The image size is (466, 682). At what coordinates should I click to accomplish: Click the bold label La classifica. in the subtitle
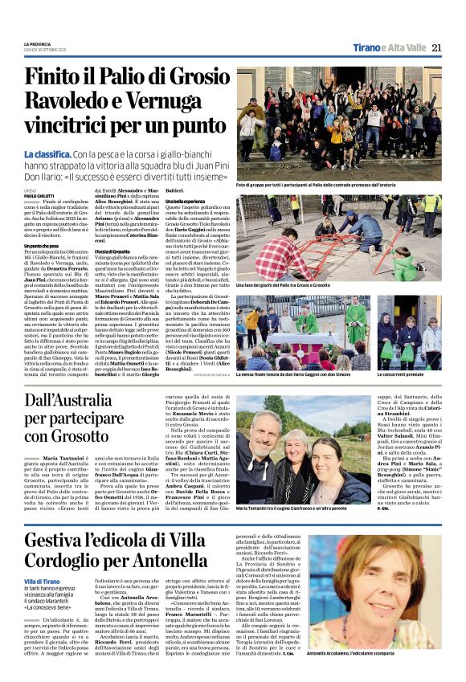click(x=50, y=153)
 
